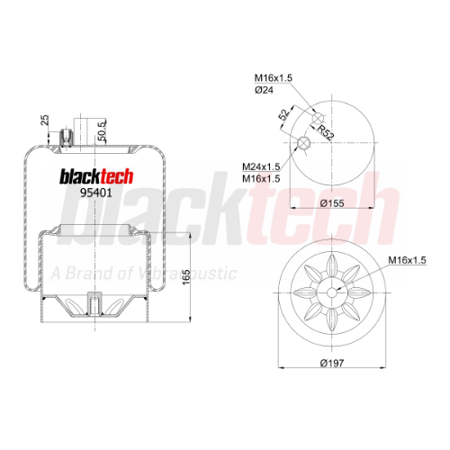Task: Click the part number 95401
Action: (x=95, y=193)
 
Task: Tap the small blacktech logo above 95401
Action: (x=96, y=176)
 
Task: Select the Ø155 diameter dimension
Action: (x=332, y=203)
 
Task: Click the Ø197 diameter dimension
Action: (x=332, y=364)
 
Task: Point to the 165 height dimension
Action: (x=186, y=277)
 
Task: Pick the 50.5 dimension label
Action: (x=102, y=130)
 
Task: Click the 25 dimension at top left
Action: (x=44, y=120)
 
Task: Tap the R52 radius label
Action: (x=326, y=132)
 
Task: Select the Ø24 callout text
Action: (x=264, y=90)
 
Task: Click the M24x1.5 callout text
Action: (x=261, y=166)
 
